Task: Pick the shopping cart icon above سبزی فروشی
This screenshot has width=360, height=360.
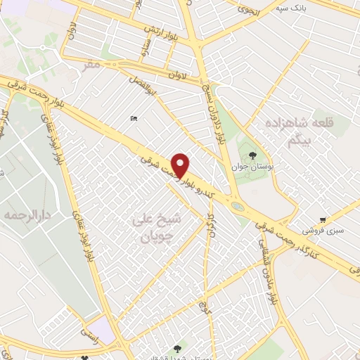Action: point(323,219)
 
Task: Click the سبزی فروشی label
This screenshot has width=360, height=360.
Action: point(319,230)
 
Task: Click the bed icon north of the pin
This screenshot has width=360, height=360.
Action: point(134,119)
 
